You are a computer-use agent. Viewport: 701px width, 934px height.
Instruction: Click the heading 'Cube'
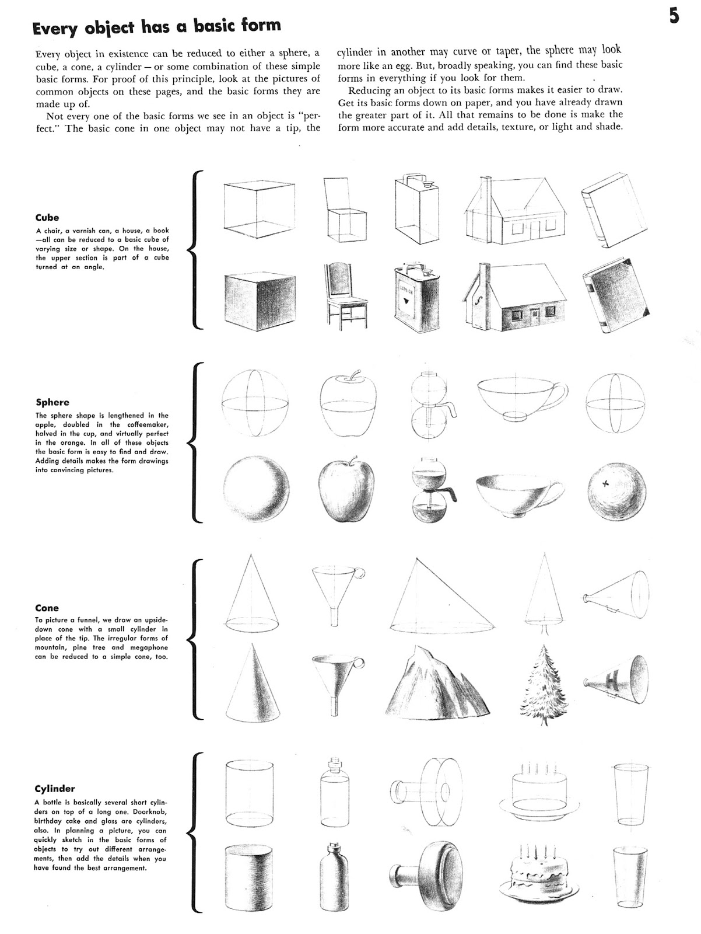click(x=47, y=218)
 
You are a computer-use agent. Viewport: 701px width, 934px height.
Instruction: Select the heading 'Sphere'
click(x=52, y=402)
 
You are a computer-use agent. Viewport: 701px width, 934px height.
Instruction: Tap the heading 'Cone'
click(x=47, y=608)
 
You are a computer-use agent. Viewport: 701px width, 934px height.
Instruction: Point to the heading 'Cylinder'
click(x=55, y=788)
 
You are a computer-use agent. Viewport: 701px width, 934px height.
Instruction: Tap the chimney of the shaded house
click(x=483, y=274)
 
